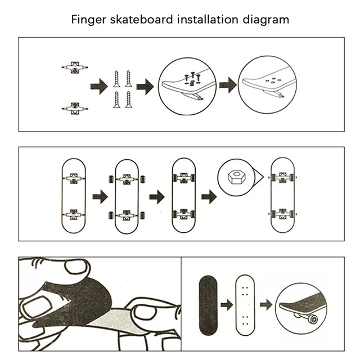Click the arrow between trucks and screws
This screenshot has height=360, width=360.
pyautogui.click(x=99, y=87)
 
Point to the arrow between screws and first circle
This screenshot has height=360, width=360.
pyautogui.click(x=145, y=87)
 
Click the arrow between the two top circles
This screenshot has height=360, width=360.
pyautogui.click(x=227, y=86)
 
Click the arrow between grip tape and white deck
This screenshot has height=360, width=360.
pyautogui.click(x=227, y=305)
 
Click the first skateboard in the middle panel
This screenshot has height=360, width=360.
pyautogui.click(x=73, y=196)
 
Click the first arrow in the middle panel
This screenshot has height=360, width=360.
pyautogui.click(x=100, y=196)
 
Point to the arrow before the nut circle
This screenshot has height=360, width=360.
pyautogui.click(x=208, y=196)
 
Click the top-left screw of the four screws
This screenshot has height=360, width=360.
pyautogui.click(x=116, y=78)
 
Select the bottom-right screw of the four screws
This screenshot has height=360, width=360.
pyautogui.click(x=128, y=100)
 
